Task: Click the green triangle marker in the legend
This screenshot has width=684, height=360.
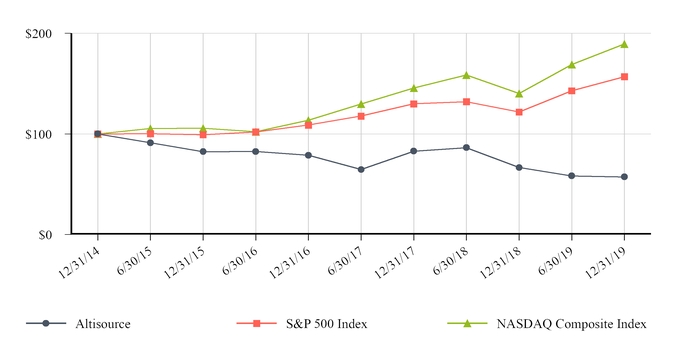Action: [x=472, y=324]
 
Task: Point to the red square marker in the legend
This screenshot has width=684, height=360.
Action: [x=256, y=324]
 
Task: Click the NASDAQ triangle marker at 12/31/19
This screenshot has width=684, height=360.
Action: [x=624, y=44]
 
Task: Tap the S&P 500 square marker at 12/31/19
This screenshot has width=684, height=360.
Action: [x=624, y=76]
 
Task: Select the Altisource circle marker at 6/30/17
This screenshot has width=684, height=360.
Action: [x=361, y=170]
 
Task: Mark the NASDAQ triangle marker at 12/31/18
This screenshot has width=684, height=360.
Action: [x=519, y=93]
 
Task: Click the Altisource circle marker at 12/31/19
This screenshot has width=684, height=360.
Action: [x=624, y=177]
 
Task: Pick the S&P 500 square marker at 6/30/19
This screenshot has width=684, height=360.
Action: [x=571, y=91]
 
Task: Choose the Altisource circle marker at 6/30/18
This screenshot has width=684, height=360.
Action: [x=466, y=148]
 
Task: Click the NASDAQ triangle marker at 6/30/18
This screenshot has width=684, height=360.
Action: [x=466, y=75]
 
